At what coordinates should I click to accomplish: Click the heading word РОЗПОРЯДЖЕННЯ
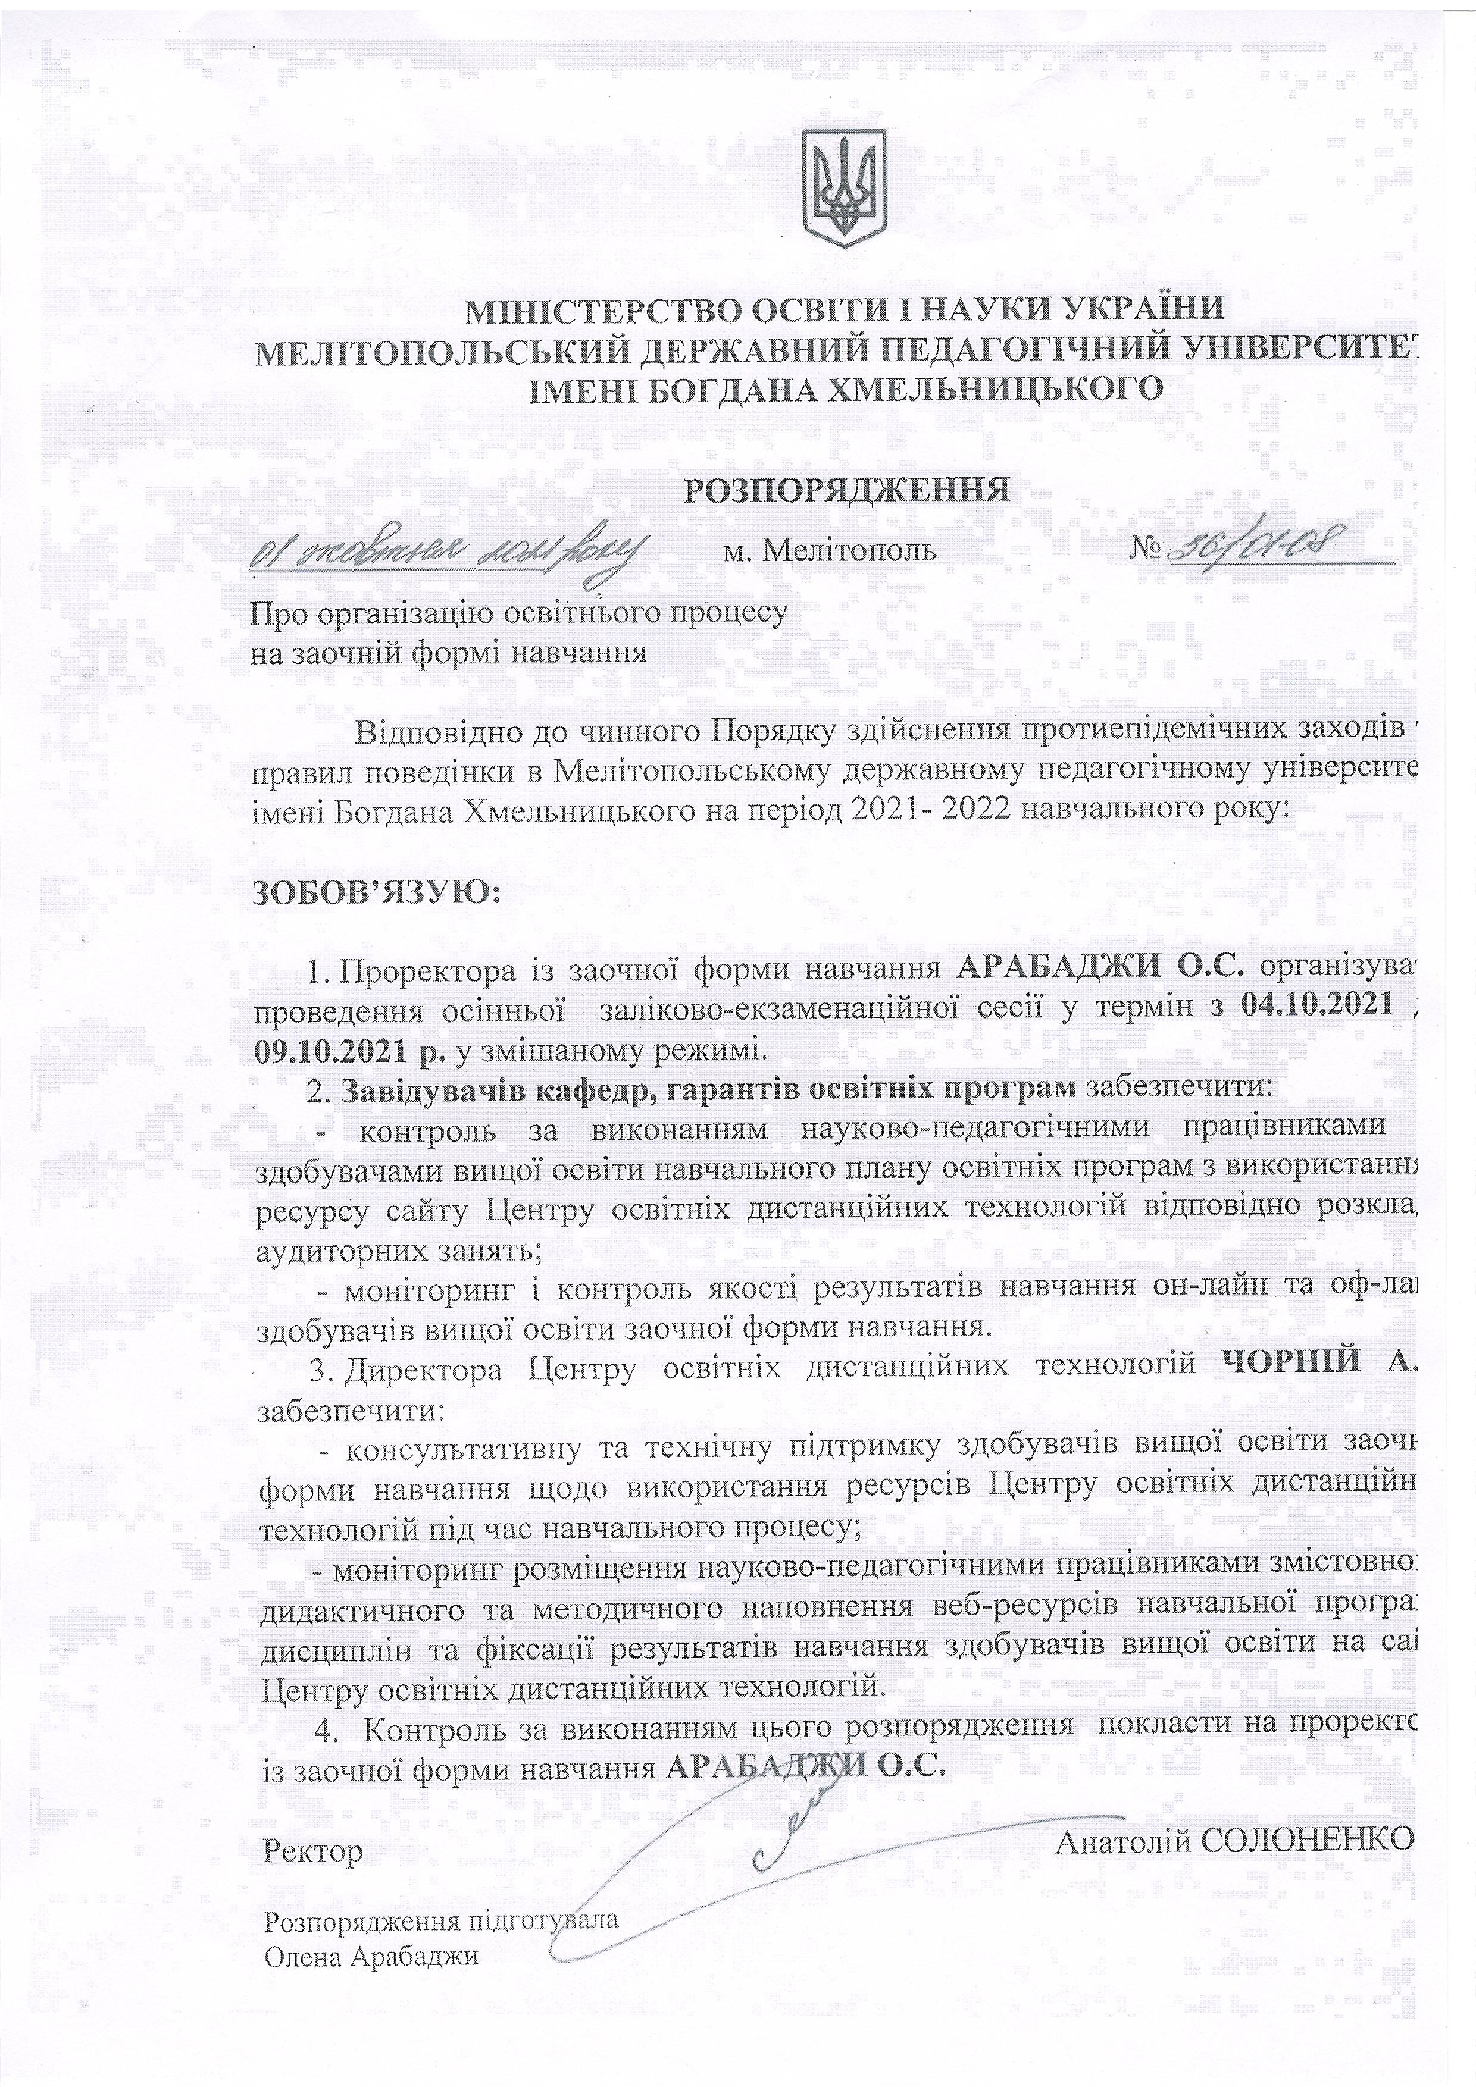pos(847,490)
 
